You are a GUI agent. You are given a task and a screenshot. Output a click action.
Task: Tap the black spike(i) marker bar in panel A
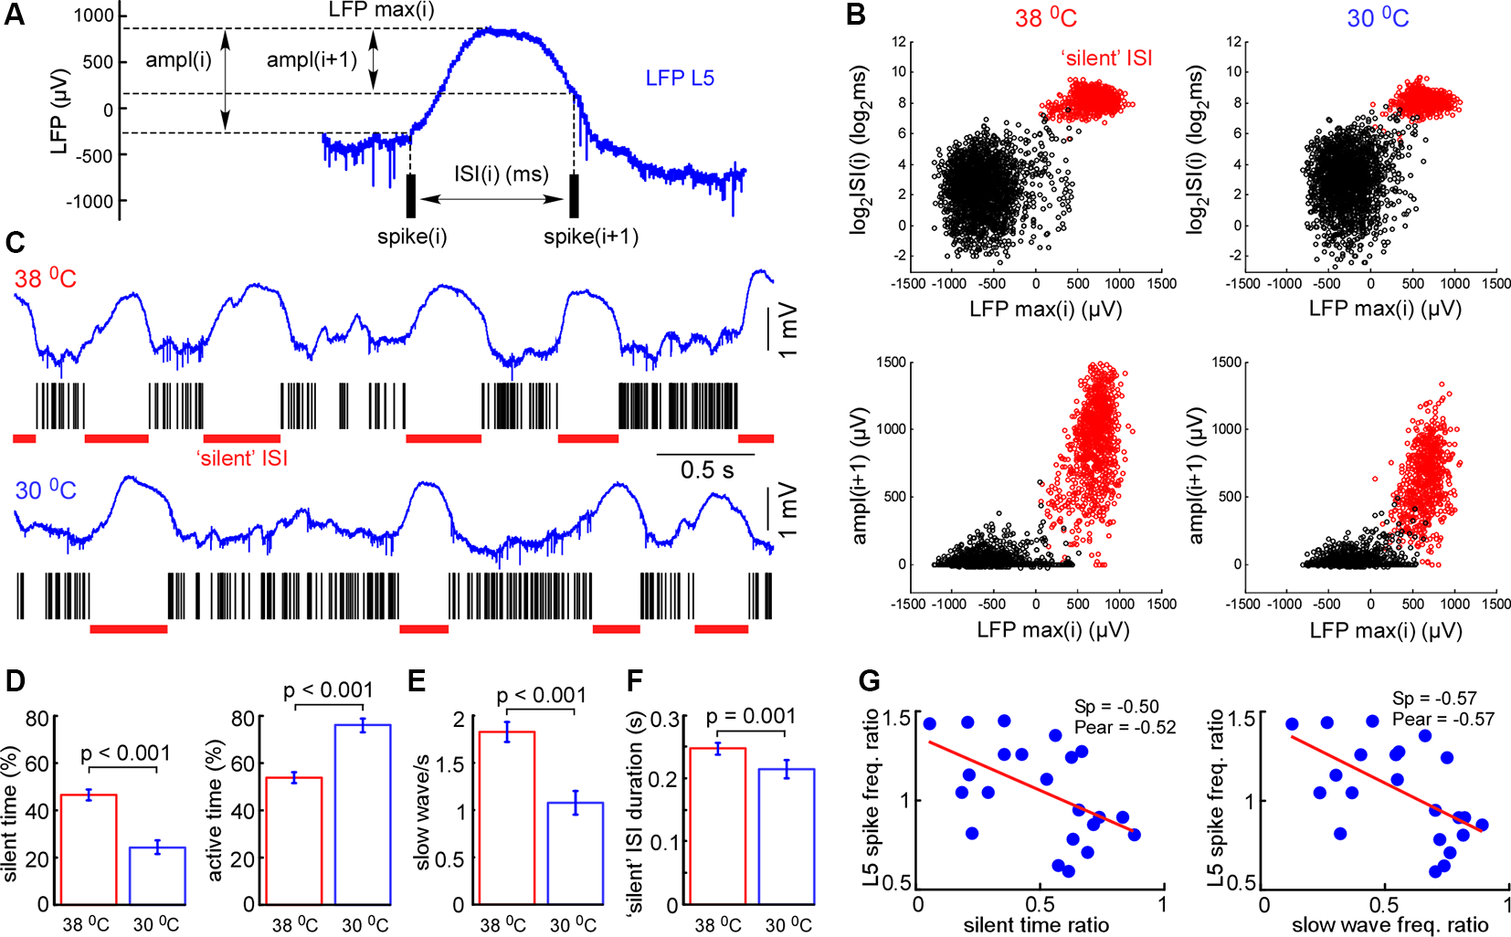[411, 195]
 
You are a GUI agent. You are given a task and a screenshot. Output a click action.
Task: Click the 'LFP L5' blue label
[680, 78]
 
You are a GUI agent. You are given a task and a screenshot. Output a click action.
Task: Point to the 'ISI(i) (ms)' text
[502, 174]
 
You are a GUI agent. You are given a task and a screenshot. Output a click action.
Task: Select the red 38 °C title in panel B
[1046, 17]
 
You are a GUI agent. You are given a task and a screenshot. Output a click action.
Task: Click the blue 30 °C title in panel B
[1378, 17]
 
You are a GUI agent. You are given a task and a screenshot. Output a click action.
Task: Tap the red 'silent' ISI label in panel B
[1106, 58]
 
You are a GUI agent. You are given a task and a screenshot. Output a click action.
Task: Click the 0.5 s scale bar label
[706, 470]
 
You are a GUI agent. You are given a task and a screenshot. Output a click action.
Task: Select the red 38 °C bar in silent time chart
[89, 848]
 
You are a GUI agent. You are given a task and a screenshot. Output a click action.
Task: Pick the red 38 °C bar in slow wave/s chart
[506, 817]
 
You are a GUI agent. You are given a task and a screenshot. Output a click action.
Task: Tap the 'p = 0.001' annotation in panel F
[751, 716]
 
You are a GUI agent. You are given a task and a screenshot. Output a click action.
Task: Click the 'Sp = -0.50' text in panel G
[1116, 706]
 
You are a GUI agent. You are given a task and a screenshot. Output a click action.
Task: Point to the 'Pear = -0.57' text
[1443, 720]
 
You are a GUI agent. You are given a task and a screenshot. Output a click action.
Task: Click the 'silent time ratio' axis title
[1036, 925]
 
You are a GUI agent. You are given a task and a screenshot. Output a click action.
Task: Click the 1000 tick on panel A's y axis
[94, 16]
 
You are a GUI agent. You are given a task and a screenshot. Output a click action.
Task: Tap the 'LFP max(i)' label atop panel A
[381, 10]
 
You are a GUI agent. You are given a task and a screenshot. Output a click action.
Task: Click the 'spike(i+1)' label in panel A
[591, 237]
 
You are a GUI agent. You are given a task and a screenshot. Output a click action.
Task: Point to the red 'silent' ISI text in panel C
[242, 458]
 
